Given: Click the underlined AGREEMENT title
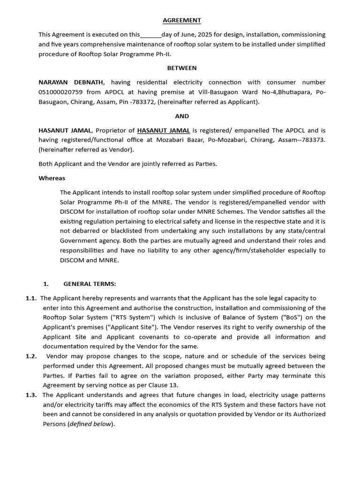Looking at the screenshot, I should (182, 20).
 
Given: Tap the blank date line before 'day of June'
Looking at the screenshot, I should (150, 35).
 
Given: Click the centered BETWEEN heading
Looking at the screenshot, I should (182, 68).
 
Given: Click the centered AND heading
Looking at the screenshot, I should (182, 116).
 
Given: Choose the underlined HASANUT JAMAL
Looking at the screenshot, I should (164, 130).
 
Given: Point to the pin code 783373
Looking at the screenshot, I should (312, 140).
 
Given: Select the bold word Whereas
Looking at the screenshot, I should (52, 178).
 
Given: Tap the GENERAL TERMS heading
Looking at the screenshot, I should (90, 284).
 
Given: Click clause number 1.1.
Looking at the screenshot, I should (31, 298).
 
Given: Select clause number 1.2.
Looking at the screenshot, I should (31, 356).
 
